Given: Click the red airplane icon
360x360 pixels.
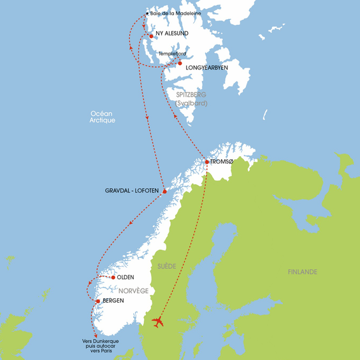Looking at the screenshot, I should (x=158, y=322).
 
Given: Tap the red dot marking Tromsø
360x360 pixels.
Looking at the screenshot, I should (x=207, y=162).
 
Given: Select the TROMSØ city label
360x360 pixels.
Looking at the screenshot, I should (x=222, y=162).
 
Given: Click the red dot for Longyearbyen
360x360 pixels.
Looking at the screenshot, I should (x=180, y=63).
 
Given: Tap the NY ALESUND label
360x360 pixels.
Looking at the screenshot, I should (x=173, y=36).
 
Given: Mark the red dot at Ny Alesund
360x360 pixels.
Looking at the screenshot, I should (x=151, y=36).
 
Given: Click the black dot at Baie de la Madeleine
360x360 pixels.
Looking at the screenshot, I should (x=147, y=13).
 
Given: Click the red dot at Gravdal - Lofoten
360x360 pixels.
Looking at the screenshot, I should (x=164, y=191).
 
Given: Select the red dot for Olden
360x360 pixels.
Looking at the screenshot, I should (x=113, y=277).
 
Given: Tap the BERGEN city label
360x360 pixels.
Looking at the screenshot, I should (x=112, y=300).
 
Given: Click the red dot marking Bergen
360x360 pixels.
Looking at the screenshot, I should (x=97, y=300).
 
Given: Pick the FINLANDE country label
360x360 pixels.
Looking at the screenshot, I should (x=302, y=272).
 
